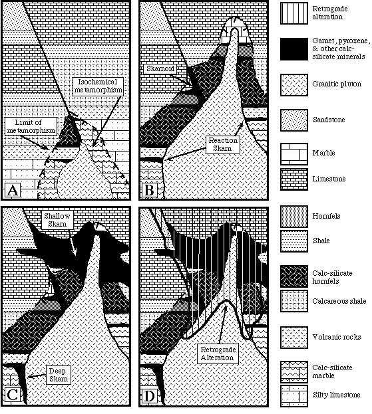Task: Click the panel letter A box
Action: click(13, 189)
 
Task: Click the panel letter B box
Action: click(150, 189)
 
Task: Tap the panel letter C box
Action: click(13, 395)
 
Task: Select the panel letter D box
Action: click(150, 395)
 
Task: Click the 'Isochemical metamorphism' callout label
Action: click(98, 86)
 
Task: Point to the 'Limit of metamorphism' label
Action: click(31, 126)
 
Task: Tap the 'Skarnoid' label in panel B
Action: click(160, 68)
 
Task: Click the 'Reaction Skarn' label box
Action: click(223, 144)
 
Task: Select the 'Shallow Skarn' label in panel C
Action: click(57, 220)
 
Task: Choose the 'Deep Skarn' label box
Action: click(58, 375)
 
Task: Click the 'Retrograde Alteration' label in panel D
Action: click(218, 354)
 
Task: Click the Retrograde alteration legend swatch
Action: click(294, 13)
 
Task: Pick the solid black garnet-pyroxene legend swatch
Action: click(294, 49)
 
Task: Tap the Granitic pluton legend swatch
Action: click(294, 85)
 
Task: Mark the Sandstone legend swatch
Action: click(294, 120)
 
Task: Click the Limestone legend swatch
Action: click(294, 179)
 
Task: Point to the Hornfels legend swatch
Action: click(294, 217)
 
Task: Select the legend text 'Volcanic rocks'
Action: click(337, 337)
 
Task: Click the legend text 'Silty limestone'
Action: click(336, 395)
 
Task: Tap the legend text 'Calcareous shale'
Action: click(339, 301)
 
